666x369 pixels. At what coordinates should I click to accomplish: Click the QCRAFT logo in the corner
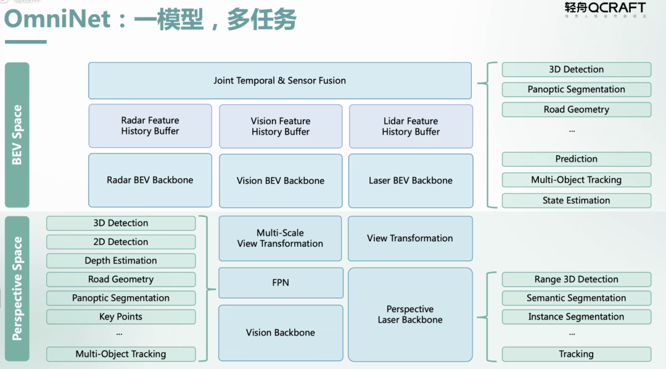click(x=604, y=9)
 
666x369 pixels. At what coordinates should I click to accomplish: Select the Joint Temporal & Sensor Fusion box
click(x=279, y=81)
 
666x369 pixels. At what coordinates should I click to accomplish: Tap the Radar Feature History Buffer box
click(x=150, y=126)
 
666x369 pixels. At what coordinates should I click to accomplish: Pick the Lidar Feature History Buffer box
click(x=411, y=126)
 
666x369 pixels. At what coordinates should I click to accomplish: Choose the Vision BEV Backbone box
click(x=281, y=181)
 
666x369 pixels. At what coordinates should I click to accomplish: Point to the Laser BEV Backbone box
click(x=411, y=181)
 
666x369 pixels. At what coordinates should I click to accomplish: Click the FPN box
click(x=281, y=283)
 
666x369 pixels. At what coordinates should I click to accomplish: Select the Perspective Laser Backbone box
click(x=410, y=315)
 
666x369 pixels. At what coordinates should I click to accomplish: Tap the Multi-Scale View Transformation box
click(x=280, y=238)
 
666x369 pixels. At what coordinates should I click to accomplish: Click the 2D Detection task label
click(x=121, y=242)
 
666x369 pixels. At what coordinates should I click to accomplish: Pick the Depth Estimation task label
click(x=121, y=260)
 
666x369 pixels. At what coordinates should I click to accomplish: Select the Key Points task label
click(x=121, y=317)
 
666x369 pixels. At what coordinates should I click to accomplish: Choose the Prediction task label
click(x=576, y=159)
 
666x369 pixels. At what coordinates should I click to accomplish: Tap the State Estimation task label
click(x=576, y=201)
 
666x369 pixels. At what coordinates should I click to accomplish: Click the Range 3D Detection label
click(x=576, y=280)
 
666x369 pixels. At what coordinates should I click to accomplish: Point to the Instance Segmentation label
click(x=576, y=317)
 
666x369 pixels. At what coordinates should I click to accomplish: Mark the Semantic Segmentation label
click(x=576, y=298)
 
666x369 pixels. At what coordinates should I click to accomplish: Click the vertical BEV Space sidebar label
click(x=17, y=135)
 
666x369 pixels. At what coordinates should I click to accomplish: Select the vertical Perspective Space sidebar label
click(x=17, y=288)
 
